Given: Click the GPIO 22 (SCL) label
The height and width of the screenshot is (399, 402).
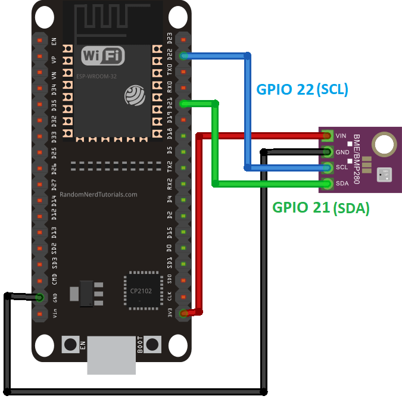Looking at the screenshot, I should click(x=302, y=89).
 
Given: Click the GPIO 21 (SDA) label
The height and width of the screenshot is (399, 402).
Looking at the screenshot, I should click(x=321, y=208).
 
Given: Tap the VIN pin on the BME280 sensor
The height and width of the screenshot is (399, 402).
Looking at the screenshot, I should click(x=328, y=136).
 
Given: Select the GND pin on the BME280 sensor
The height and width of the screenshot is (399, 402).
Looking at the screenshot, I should click(x=328, y=151).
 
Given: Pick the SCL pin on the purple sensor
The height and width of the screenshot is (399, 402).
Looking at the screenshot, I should click(x=328, y=167).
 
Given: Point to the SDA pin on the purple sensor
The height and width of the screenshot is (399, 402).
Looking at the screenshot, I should click(x=328, y=183).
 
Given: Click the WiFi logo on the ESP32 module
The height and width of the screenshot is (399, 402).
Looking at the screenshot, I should click(x=103, y=57).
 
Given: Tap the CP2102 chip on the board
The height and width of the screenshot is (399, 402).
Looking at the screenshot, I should click(x=143, y=291).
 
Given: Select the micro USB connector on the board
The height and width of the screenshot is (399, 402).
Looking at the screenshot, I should click(x=111, y=356).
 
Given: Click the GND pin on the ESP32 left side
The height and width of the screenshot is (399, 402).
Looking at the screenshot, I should click(x=40, y=297).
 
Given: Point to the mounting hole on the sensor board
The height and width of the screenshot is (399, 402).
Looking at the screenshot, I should click(x=384, y=144).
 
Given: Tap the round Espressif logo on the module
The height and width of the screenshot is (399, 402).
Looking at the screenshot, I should click(x=134, y=95).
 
